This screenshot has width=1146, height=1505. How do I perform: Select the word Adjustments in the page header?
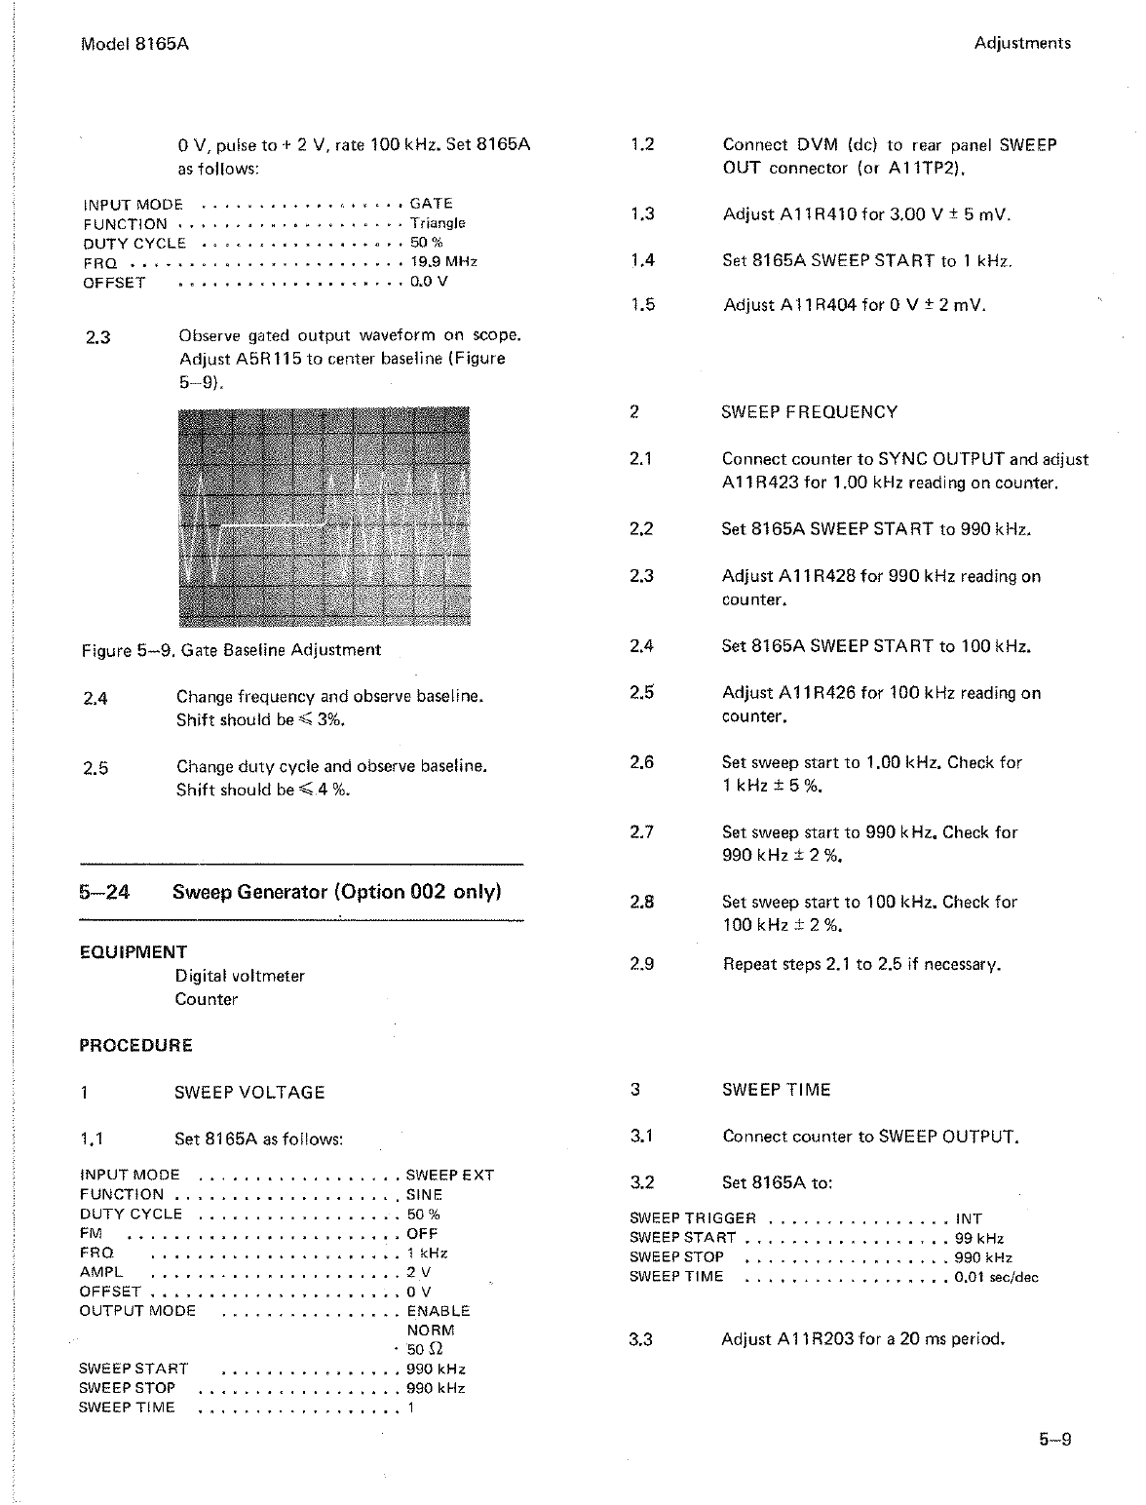(1021, 44)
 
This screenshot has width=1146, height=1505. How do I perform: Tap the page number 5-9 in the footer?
(1054, 1439)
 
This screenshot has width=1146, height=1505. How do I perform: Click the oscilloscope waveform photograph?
(325, 517)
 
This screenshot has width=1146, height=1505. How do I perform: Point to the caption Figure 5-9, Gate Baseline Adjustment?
(231, 650)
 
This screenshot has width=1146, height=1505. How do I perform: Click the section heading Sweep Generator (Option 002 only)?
(336, 892)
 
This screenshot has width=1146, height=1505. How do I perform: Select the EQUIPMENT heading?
(134, 952)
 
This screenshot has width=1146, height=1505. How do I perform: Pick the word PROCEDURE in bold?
(135, 1046)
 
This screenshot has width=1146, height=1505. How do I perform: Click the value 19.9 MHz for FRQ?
(443, 262)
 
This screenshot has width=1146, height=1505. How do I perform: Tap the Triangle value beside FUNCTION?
(438, 223)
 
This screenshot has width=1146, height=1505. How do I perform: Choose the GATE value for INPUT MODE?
(431, 204)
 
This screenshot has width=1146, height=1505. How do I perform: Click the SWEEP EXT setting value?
(450, 1176)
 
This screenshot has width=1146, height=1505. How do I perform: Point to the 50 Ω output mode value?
(425, 1350)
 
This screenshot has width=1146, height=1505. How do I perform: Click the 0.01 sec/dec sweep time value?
(996, 1277)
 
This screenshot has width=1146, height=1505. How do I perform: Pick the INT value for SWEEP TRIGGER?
(969, 1218)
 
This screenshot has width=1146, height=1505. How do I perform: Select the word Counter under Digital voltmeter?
(207, 999)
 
